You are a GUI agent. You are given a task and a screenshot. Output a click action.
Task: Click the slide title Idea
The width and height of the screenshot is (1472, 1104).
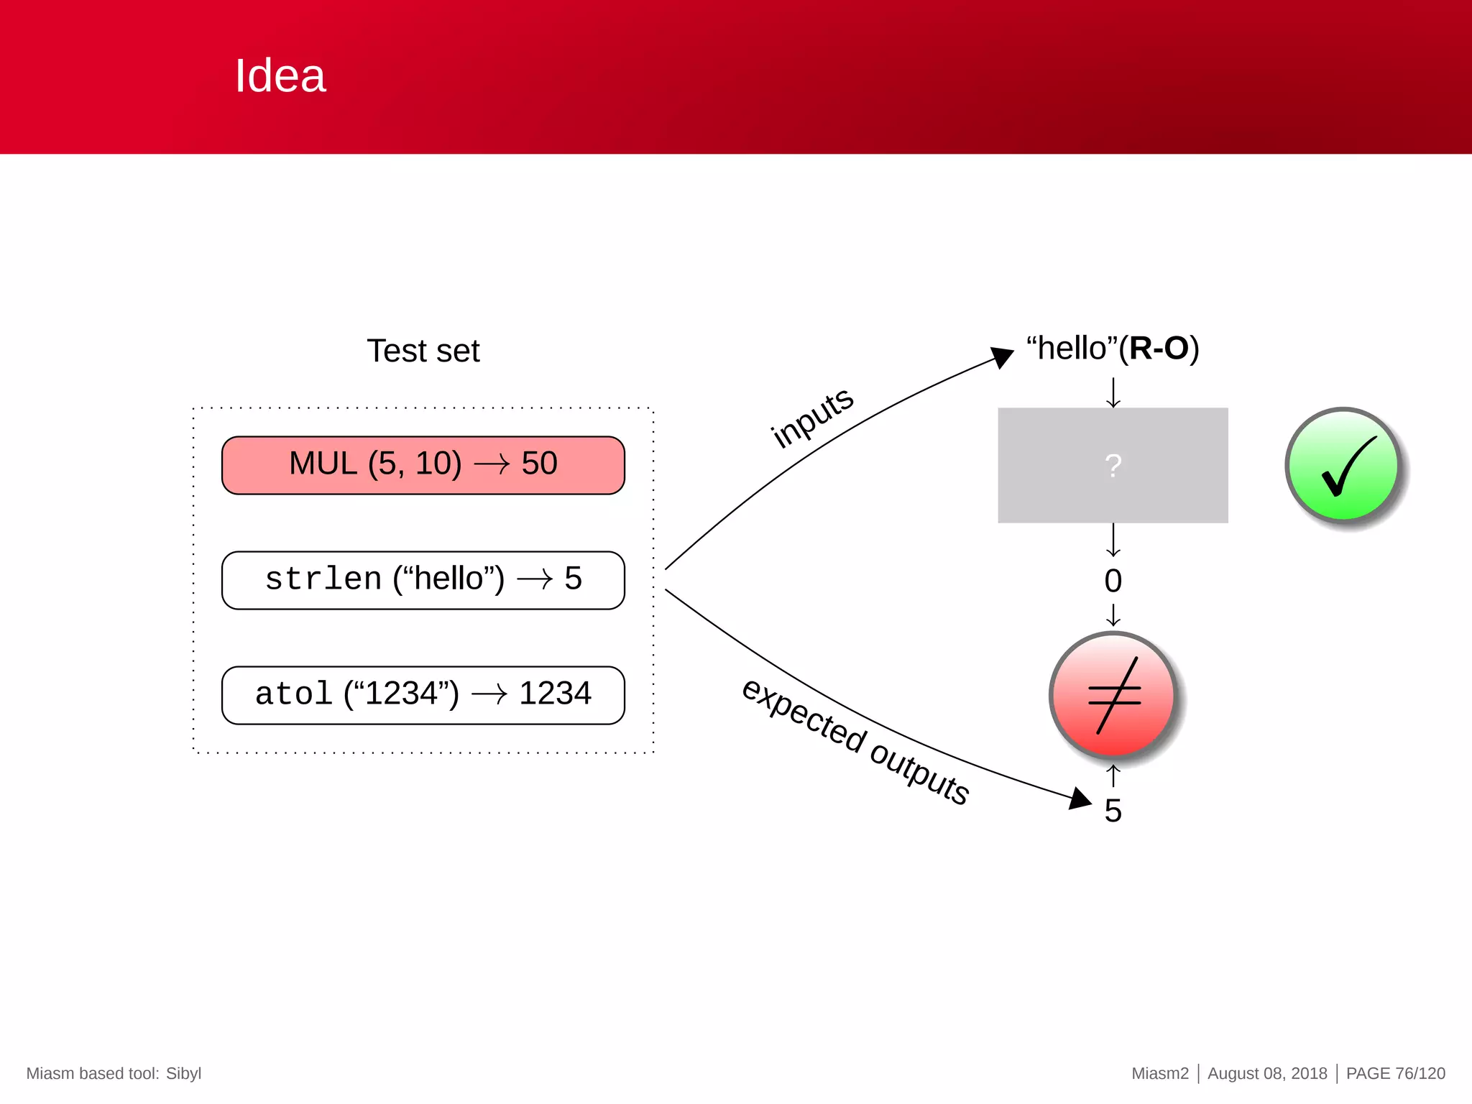280,75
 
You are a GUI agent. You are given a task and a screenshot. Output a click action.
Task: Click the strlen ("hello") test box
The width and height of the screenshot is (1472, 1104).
423,580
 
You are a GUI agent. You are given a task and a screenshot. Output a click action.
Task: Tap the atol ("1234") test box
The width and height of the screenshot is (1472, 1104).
423,695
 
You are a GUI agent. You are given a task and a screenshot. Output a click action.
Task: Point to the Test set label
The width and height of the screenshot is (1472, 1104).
423,351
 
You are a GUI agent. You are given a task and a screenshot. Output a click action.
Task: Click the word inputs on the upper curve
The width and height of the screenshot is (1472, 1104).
812,417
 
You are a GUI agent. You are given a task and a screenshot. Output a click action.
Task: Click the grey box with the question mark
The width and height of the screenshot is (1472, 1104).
1113,466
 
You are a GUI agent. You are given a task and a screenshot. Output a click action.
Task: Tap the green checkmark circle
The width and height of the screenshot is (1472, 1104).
1343,466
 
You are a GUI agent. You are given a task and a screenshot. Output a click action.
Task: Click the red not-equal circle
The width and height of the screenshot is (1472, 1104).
1113,695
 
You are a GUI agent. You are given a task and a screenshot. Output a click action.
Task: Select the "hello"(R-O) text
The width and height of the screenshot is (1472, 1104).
1113,349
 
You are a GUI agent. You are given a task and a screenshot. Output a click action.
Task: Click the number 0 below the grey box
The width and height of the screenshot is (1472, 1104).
1113,581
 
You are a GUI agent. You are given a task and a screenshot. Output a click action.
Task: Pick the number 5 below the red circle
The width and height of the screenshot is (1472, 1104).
1113,811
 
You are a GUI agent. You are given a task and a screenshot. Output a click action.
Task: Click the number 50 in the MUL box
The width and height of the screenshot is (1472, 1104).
539,464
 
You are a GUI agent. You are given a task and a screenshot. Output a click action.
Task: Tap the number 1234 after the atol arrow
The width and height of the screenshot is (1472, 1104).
555,694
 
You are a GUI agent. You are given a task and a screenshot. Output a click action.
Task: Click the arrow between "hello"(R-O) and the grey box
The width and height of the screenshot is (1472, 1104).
1113,392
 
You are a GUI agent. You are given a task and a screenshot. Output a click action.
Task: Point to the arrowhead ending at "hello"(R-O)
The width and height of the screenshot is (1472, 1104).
1002,356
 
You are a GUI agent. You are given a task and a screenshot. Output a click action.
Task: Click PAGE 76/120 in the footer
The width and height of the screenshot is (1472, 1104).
1395,1073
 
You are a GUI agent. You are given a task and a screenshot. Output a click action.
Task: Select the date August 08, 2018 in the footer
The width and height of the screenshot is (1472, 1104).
1267,1073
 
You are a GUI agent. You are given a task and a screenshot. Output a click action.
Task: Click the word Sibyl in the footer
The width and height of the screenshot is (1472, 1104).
183,1073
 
